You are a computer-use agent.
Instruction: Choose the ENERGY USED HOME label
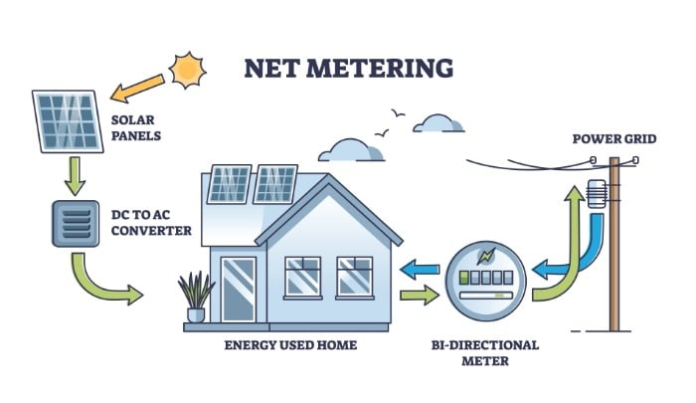pos(290,345)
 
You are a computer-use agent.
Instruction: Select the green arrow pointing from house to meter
pos(419,295)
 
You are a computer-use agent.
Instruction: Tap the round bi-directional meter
pos(484,281)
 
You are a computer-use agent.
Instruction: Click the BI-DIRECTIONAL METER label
pos(486,352)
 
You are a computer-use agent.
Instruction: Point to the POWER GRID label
pos(613,138)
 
